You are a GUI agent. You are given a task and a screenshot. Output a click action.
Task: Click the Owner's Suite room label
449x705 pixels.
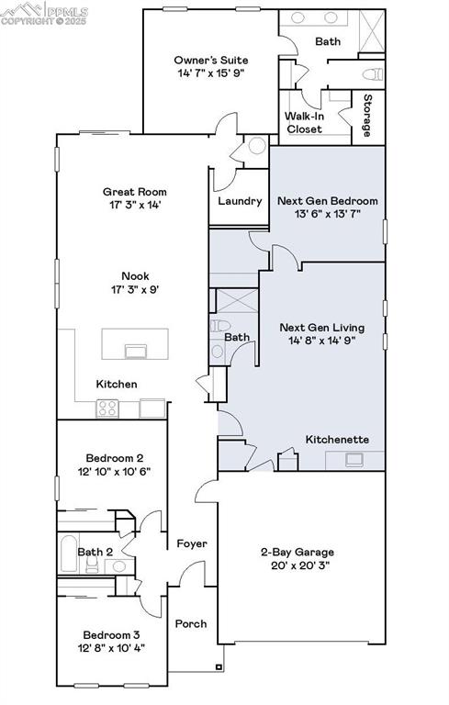[x=210, y=60]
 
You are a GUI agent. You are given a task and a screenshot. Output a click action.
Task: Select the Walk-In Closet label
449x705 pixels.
[x=304, y=122]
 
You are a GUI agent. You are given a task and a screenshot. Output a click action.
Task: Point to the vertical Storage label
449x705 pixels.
[x=367, y=116]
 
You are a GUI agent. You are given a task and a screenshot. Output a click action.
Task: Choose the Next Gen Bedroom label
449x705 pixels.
[x=327, y=200]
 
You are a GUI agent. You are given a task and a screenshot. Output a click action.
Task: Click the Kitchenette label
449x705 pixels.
[x=337, y=440]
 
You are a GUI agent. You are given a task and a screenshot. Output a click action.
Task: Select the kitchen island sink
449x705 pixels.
[x=136, y=349]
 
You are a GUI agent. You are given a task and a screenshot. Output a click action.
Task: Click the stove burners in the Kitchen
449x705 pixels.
[x=108, y=408]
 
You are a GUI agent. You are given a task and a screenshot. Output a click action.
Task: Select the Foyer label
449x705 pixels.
[x=192, y=543]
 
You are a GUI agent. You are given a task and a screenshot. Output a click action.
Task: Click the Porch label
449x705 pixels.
[x=191, y=623]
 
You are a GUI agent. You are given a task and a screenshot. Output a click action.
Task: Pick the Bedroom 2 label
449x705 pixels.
[x=114, y=457]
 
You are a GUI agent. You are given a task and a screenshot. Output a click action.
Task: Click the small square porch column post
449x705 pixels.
[x=218, y=667]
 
